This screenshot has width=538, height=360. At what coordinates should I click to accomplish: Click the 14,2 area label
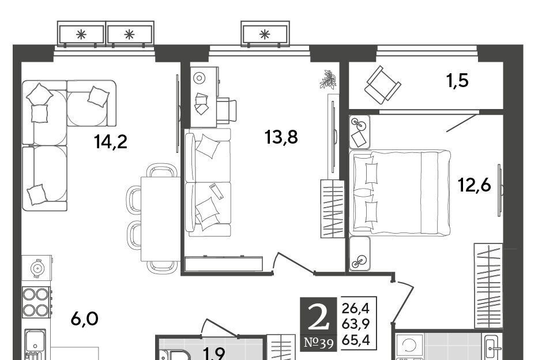[x=111, y=142]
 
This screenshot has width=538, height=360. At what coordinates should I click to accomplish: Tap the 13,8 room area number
[x=281, y=137]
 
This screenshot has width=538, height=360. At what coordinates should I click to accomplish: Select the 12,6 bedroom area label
[x=475, y=185]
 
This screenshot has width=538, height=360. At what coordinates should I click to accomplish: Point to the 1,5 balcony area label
[x=457, y=81]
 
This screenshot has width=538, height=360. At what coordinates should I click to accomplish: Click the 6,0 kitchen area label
[x=84, y=319]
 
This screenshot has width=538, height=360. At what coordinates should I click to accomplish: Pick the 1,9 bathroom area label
[x=214, y=354]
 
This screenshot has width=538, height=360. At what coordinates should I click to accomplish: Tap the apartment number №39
[x=319, y=343]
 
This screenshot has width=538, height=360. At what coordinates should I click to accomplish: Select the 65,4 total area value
[x=355, y=340]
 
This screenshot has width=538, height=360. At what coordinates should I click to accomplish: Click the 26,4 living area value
[x=355, y=309]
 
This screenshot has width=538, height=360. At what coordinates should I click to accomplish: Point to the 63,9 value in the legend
[x=355, y=324]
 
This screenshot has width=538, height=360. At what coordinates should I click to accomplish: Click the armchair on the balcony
[x=382, y=85]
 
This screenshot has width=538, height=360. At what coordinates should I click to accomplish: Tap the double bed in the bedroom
[x=400, y=193]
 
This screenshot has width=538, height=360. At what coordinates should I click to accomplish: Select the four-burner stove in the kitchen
[x=37, y=302]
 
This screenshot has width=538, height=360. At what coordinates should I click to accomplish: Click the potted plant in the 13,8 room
[x=328, y=80]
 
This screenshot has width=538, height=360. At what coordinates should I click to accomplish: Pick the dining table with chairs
[x=153, y=218]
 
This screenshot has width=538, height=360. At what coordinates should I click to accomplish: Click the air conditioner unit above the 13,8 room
[x=265, y=33]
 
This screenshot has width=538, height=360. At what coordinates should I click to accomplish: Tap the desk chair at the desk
[x=227, y=111]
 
